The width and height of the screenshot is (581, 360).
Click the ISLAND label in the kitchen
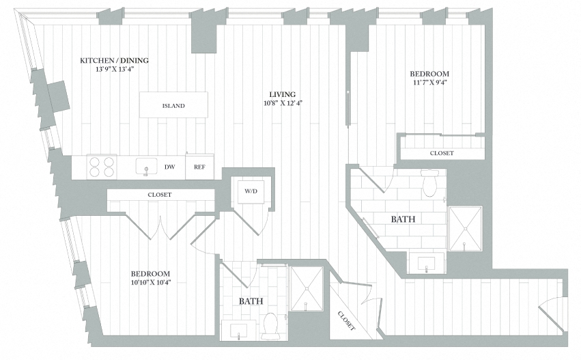[173, 106]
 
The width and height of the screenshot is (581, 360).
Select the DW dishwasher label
[169, 167]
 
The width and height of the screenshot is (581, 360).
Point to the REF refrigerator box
[200, 167]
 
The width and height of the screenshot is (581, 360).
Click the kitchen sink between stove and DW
[143, 166]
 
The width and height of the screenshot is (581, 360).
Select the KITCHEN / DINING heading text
[114, 61]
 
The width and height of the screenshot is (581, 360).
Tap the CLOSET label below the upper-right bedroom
[441, 153]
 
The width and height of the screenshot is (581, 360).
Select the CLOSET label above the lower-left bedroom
[160, 195]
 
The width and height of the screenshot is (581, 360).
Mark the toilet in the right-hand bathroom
[429, 183]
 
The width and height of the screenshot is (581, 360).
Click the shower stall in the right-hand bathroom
[465, 228]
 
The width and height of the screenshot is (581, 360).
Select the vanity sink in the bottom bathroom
[239, 331]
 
